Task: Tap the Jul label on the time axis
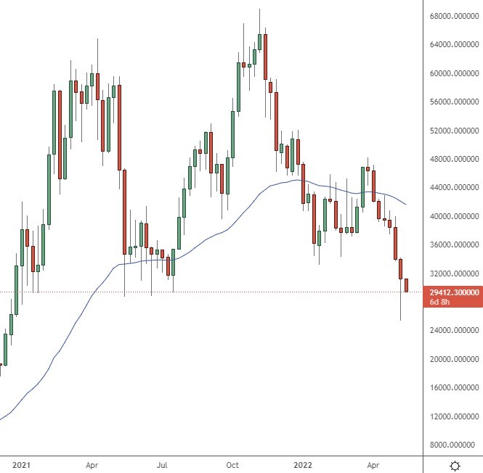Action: point(163,464)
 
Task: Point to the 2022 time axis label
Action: point(303,464)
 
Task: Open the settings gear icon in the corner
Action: point(455,465)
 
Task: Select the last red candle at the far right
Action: point(407,285)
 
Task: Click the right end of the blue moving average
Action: point(405,204)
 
